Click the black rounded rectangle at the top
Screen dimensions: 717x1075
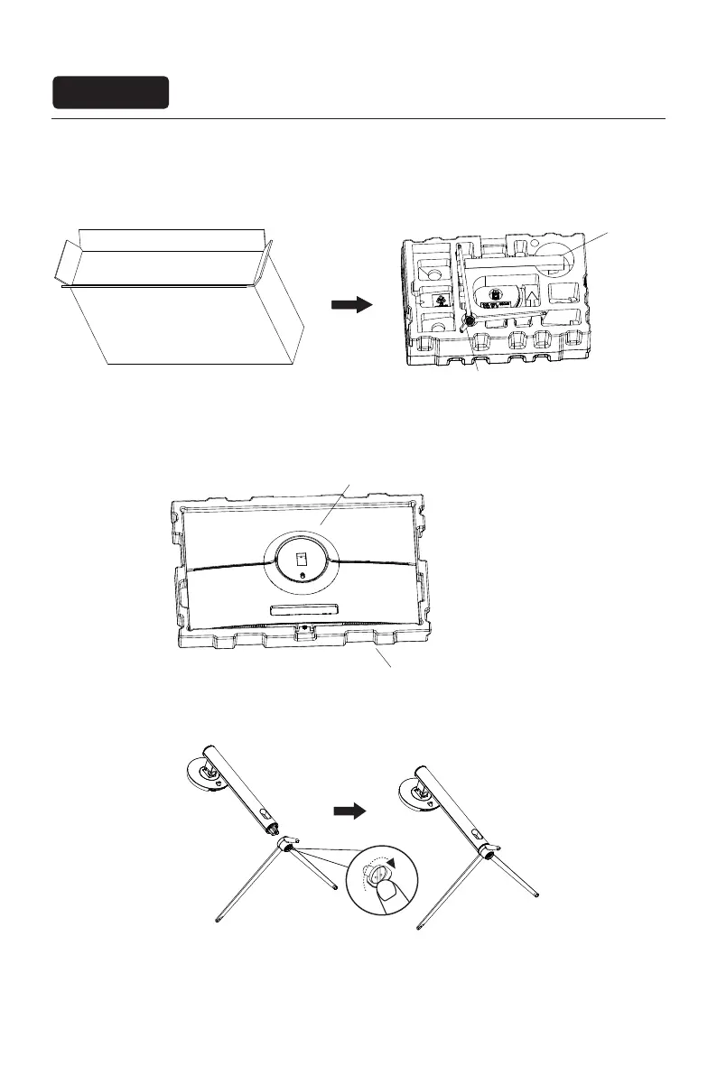pos(110,92)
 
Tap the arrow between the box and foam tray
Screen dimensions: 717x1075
pos(351,305)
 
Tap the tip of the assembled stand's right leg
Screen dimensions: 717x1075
pos(538,894)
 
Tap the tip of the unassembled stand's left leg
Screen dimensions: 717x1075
pos(219,921)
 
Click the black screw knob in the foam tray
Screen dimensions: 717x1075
pos(468,320)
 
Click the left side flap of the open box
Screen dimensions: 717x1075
pos(65,263)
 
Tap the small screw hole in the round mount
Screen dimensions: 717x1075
pos(303,575)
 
